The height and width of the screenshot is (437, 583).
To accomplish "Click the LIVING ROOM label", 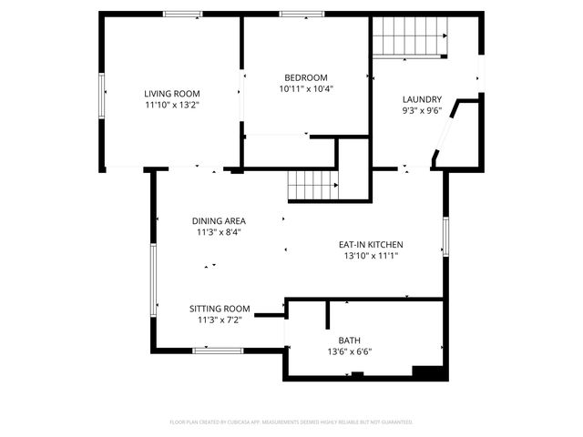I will click(x=171, y=94).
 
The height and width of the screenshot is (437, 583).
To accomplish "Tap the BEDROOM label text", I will click(x=305, y=77).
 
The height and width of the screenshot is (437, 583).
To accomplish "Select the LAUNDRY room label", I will click(x=422, y=99).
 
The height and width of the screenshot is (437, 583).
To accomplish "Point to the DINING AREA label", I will click(x=219, y=220).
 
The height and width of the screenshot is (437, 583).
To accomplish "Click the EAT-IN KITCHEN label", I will click(x=371, y=245).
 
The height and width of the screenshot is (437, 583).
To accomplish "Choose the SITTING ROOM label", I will click(x=219, y=309).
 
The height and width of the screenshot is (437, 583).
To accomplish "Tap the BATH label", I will click(x=350, y=340).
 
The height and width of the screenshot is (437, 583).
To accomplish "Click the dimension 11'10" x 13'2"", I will click(x=171, y=105).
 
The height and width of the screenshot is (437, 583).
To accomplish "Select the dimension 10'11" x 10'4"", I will click(x=305, y=88).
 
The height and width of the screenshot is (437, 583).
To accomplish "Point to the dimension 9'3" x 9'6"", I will click(x=422, y=110).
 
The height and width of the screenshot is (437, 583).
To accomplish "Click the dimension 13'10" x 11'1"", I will click(x=371, y=256).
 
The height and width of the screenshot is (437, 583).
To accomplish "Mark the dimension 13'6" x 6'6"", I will click(x=350, y=351).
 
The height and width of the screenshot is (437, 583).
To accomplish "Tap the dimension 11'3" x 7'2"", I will click(x=219, y=320).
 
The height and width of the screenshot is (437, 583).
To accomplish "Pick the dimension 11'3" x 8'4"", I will click(x=219, y=232).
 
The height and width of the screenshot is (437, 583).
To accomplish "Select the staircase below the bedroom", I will click(x=312, y=186).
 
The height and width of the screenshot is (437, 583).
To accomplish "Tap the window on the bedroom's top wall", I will click(x=302, y=14).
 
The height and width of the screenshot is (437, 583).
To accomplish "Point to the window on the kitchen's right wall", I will click(x=445, y=236).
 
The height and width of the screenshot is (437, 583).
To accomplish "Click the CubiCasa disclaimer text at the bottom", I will click(x=291, y=422).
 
